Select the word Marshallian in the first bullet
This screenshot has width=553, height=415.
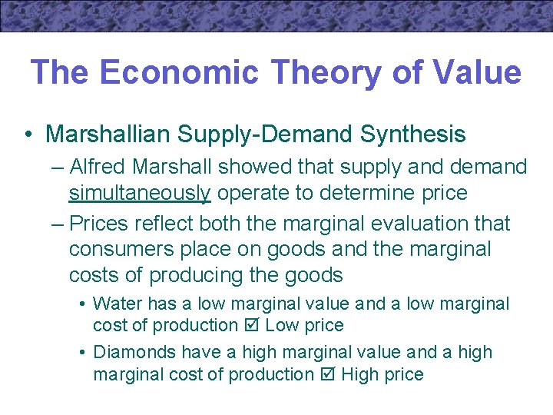click(108, 134)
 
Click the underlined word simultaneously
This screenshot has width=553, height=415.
click(139, 192)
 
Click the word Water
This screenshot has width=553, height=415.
click(118, 304)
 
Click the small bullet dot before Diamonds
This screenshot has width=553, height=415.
click(82, 353)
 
